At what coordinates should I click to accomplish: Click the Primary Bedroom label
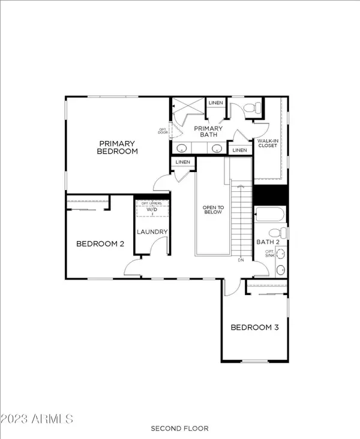click(118, 148)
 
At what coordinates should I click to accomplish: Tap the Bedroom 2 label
click(100, 244)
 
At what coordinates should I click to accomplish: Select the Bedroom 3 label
click(254, 327)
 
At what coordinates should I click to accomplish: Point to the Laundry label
click(152, 232)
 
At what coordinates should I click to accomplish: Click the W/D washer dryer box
click(152, 208)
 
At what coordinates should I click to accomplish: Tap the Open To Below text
click(213, 210)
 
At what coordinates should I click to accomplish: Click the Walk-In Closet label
click(268, 143)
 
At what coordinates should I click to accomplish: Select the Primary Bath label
click(208, 131)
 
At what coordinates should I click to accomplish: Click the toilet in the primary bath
click(253, 108)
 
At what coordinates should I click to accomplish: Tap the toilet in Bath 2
click(278, 233)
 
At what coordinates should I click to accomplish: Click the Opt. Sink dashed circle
click(280, 254)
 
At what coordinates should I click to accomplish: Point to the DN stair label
click(241, 260)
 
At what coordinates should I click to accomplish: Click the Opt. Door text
click(163, 131)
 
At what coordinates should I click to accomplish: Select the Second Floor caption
click(179, 428)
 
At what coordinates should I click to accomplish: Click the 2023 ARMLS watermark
click(37, 419)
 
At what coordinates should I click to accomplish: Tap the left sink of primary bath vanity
click(182, 148)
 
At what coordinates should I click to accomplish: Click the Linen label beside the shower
click(216, 103)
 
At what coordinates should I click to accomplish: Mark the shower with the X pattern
click(188, 106)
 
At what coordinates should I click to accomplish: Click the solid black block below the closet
click(271, 195)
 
